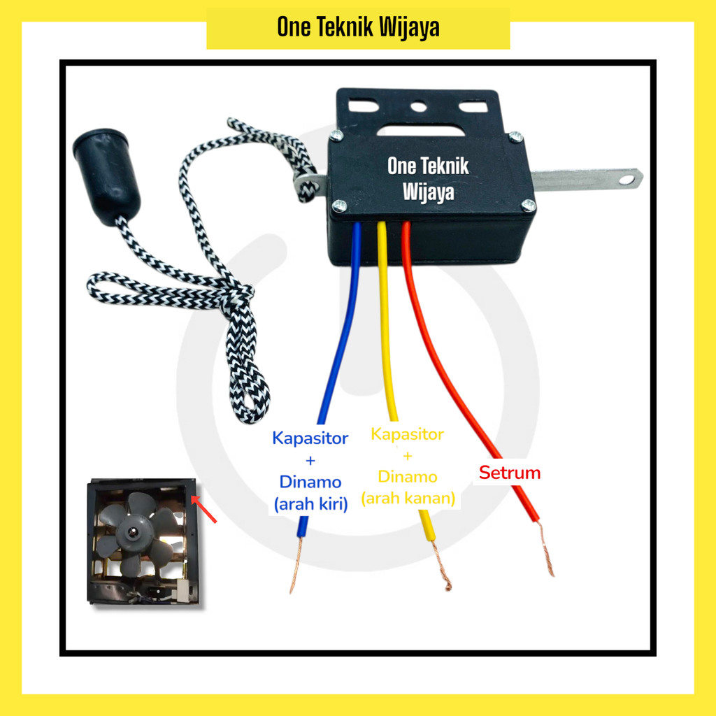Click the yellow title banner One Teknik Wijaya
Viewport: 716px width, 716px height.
(358, 28)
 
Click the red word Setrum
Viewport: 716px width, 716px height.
(509, 473)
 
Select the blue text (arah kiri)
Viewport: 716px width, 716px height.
(310, 503)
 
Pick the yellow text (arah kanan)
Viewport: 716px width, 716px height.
(408, 499)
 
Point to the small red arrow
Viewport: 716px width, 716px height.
(205, 509)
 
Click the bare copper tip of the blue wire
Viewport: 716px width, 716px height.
(295, 566)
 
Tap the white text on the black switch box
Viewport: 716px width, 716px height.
(428, 178)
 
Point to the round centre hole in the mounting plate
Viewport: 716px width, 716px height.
(418, 108)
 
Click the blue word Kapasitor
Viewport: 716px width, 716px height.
(310, 439)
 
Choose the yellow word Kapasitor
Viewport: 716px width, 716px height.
(407, 434)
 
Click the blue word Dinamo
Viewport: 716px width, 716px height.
(310, 482)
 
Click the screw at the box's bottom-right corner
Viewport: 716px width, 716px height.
(529, 206)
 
